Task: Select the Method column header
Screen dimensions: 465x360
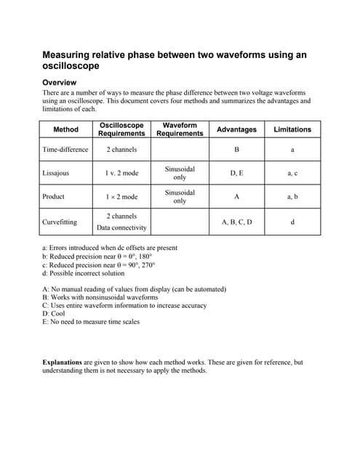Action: click(65, 130)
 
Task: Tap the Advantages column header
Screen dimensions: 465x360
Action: click(236, 130)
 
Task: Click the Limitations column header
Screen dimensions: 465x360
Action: click(292, 130)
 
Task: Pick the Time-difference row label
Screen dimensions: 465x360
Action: click(65, 150)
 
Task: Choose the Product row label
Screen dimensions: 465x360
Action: click(54, 197)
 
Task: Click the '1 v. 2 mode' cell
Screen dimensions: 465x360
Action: click(122, 174)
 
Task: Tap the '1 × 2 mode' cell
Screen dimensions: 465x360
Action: click(122, 197)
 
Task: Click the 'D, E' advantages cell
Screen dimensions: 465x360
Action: click(236, 174)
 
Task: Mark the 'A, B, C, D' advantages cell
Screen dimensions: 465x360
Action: click(236, 222)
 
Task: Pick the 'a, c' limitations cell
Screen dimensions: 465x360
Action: click(292, 174)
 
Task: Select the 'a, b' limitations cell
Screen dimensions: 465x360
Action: click(292, 197)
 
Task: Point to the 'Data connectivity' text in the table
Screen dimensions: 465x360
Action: click(122, 228)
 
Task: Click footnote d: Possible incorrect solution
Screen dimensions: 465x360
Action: click(84, 273)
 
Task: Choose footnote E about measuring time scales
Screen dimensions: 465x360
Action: click(91, 322)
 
